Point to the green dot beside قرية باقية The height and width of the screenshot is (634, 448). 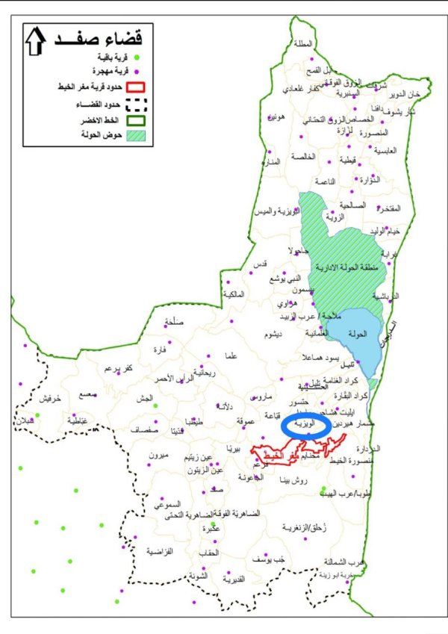137,57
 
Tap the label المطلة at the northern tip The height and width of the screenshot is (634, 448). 305,44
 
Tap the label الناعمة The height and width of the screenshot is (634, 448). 326,181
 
